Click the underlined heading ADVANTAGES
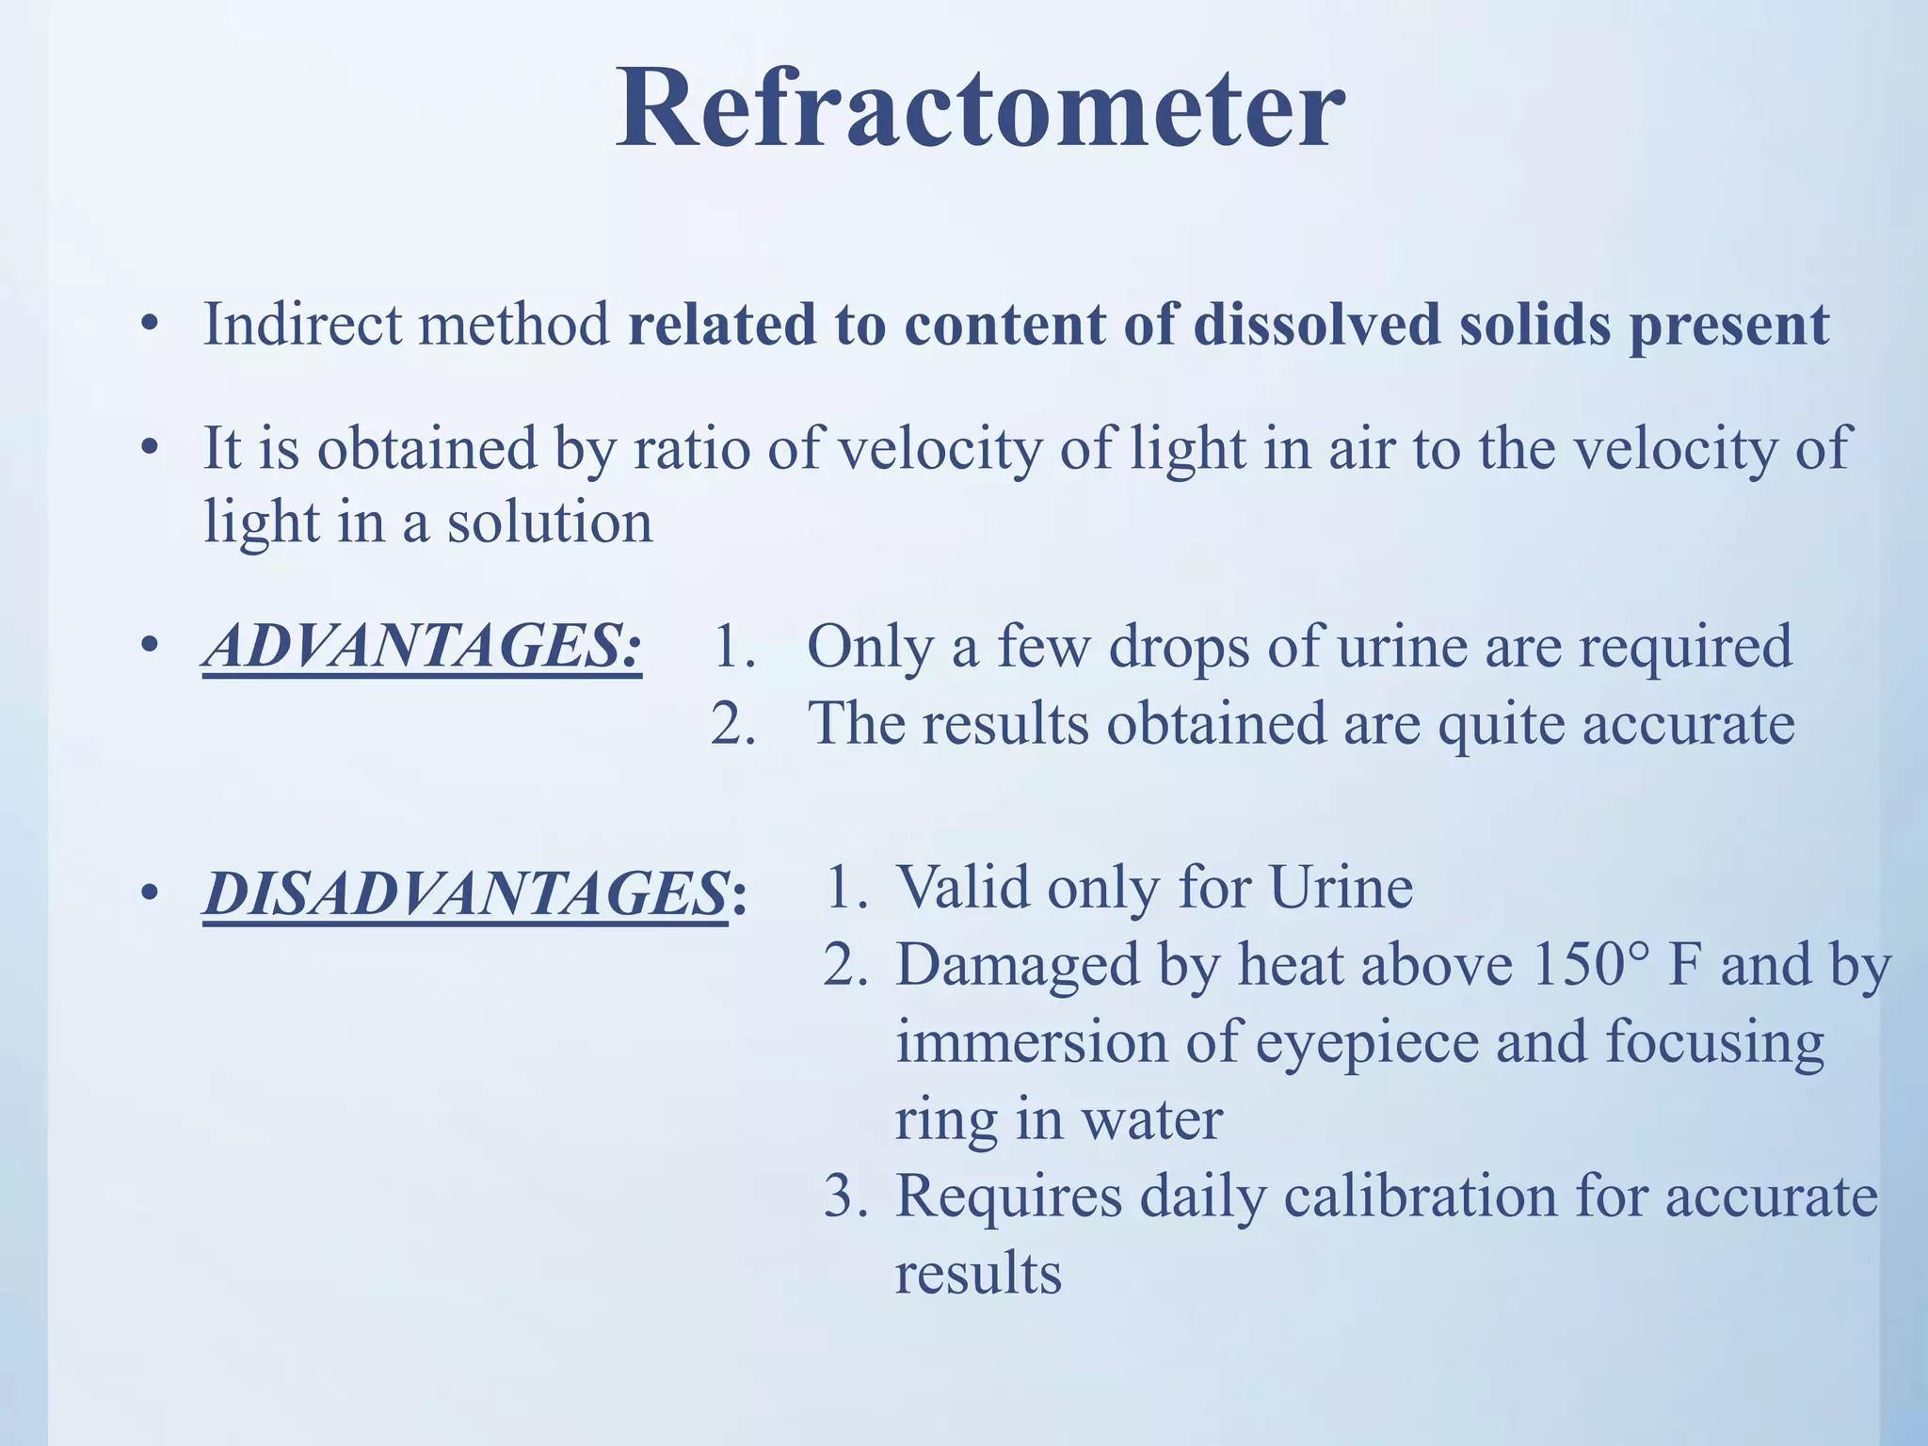(422, 648)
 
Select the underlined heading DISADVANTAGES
(465, 892)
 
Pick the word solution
(549, 523)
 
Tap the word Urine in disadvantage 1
(1341, 888)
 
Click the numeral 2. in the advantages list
(733, 725)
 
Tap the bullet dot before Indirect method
(148, 326)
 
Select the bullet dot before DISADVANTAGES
(148, 893)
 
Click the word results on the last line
(977, 1274)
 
